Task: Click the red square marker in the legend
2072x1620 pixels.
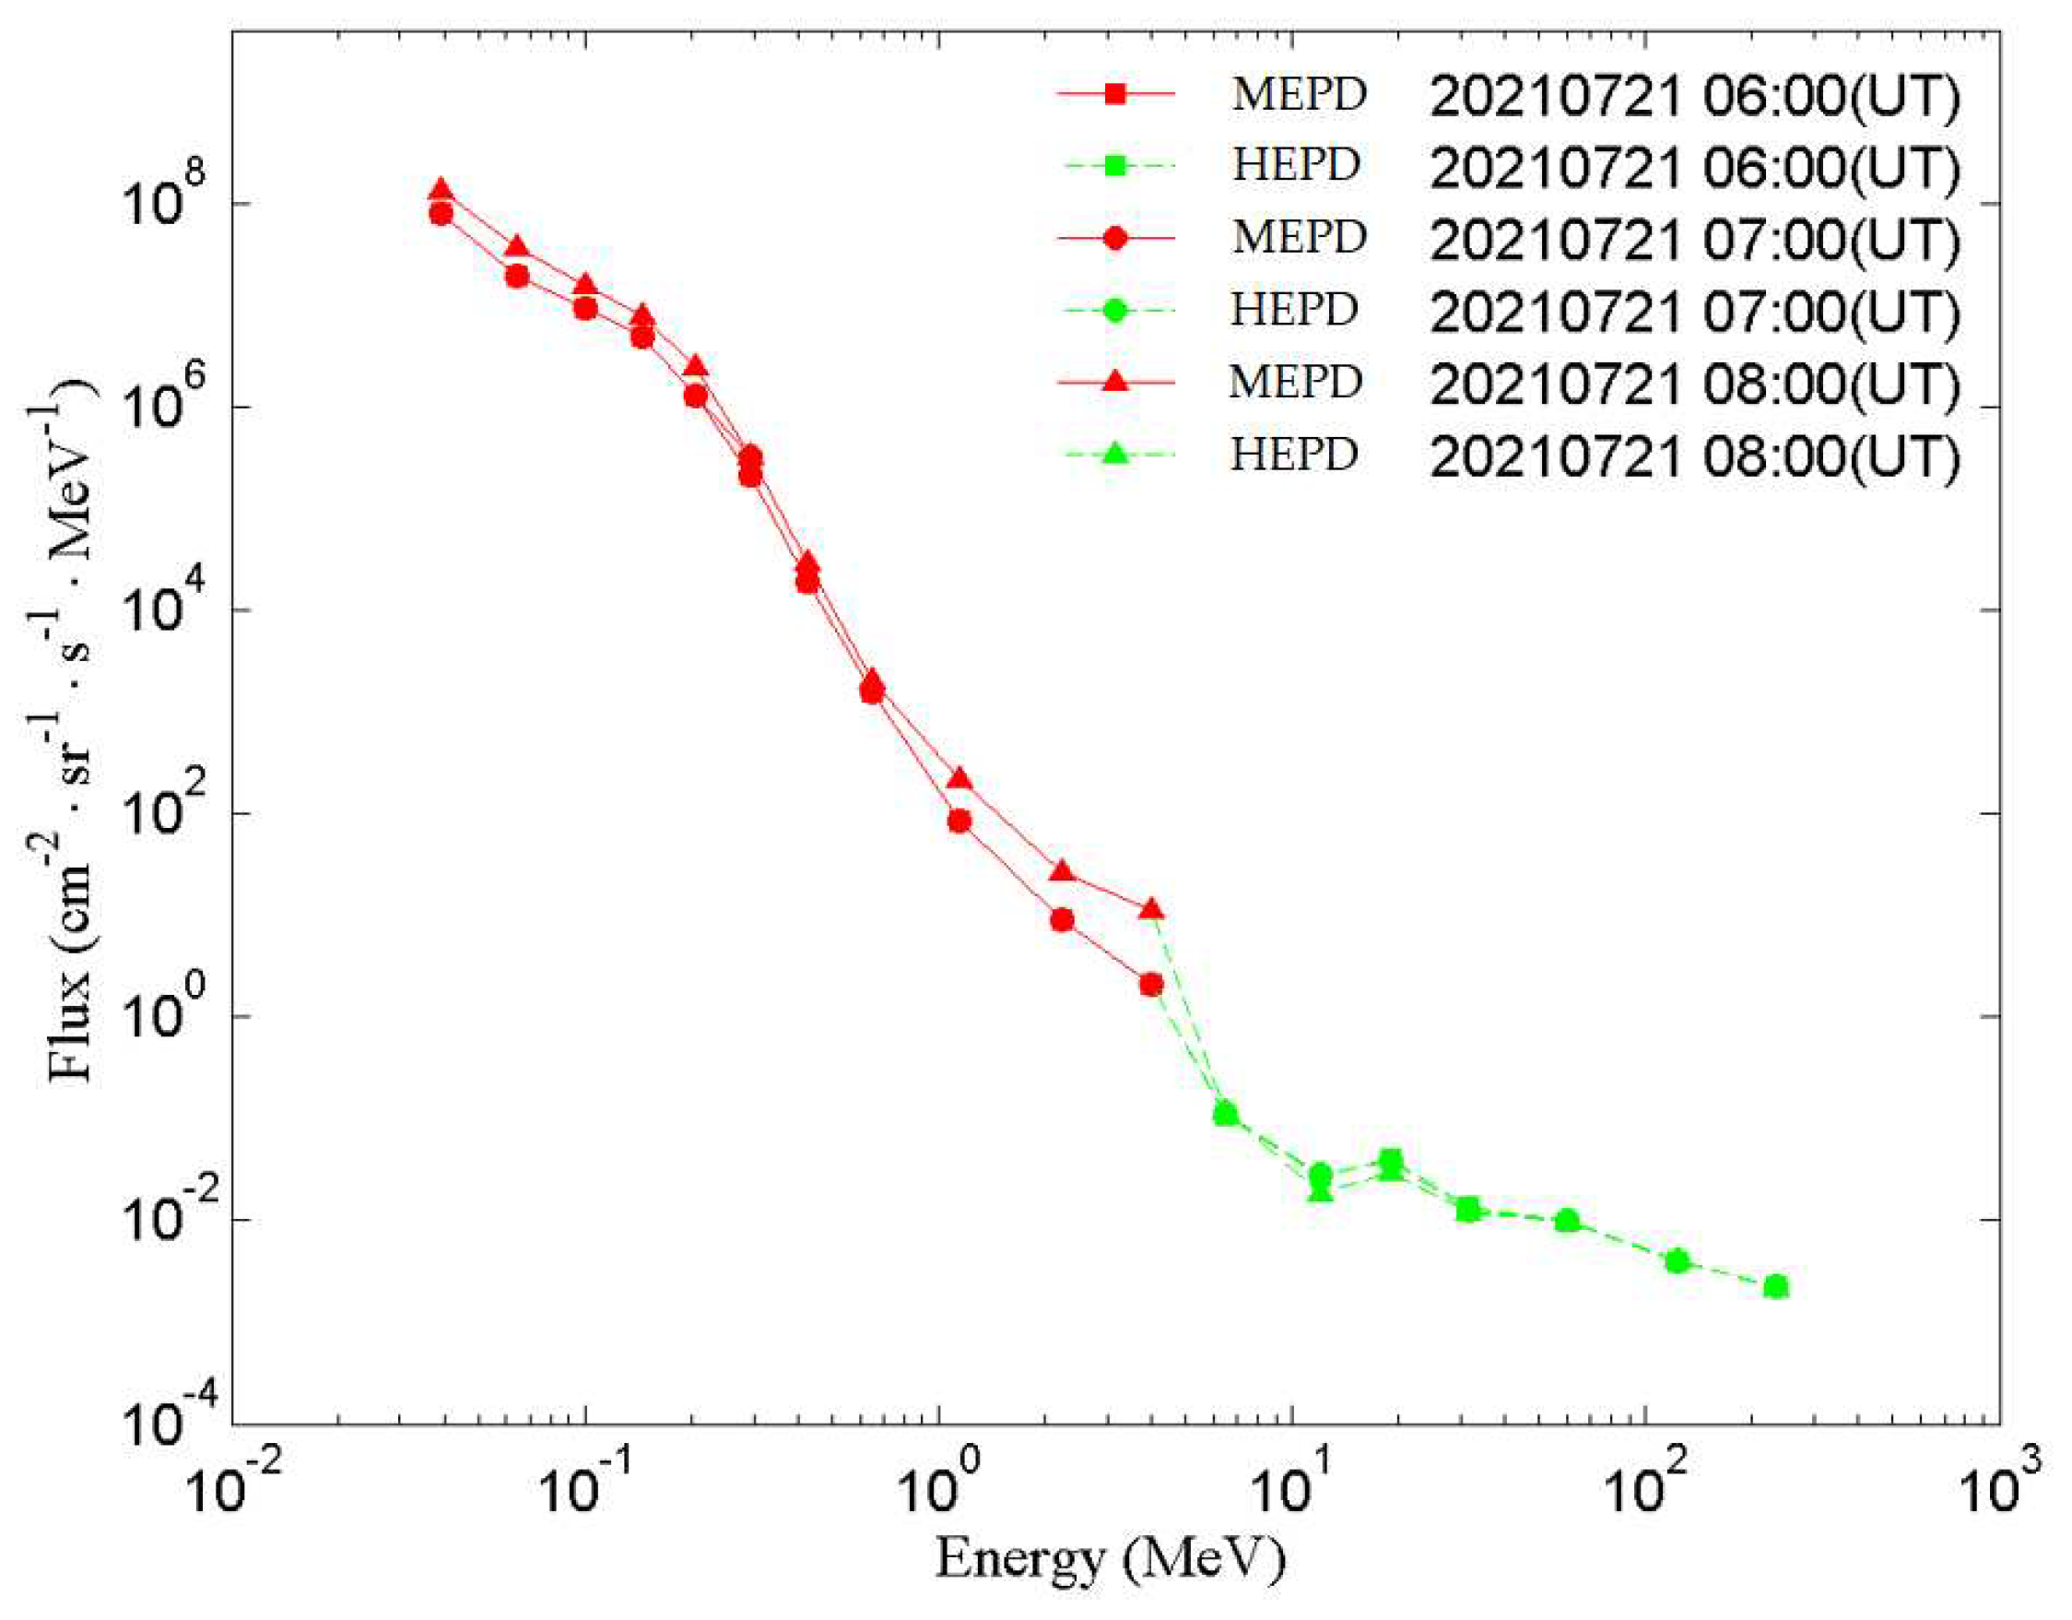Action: pyautogui.click(x=1115, y=94)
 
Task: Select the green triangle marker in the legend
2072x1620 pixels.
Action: pyautogui.click(x=1115, y=455)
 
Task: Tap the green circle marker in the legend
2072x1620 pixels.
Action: pyautogui.click(x=1115, y=311)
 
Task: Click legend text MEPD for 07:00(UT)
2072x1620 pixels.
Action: pyautogui.click(x=1299, y=237)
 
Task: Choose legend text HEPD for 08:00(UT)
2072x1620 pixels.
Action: pyautogui.click(x=1294, y=455)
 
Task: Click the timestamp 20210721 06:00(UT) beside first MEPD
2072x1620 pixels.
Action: pyautogui.click(x=1694, y=96)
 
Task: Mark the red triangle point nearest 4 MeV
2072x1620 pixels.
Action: pyautogui.click(x=1151, y=909)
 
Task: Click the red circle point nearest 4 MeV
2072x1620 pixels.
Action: pyautogui.click(x=1151, y=985)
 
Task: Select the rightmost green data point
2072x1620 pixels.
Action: pyautogui.click(x=1776, y=1287)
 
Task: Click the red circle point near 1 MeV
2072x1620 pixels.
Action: pyautogui.click(x=959, y=821)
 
